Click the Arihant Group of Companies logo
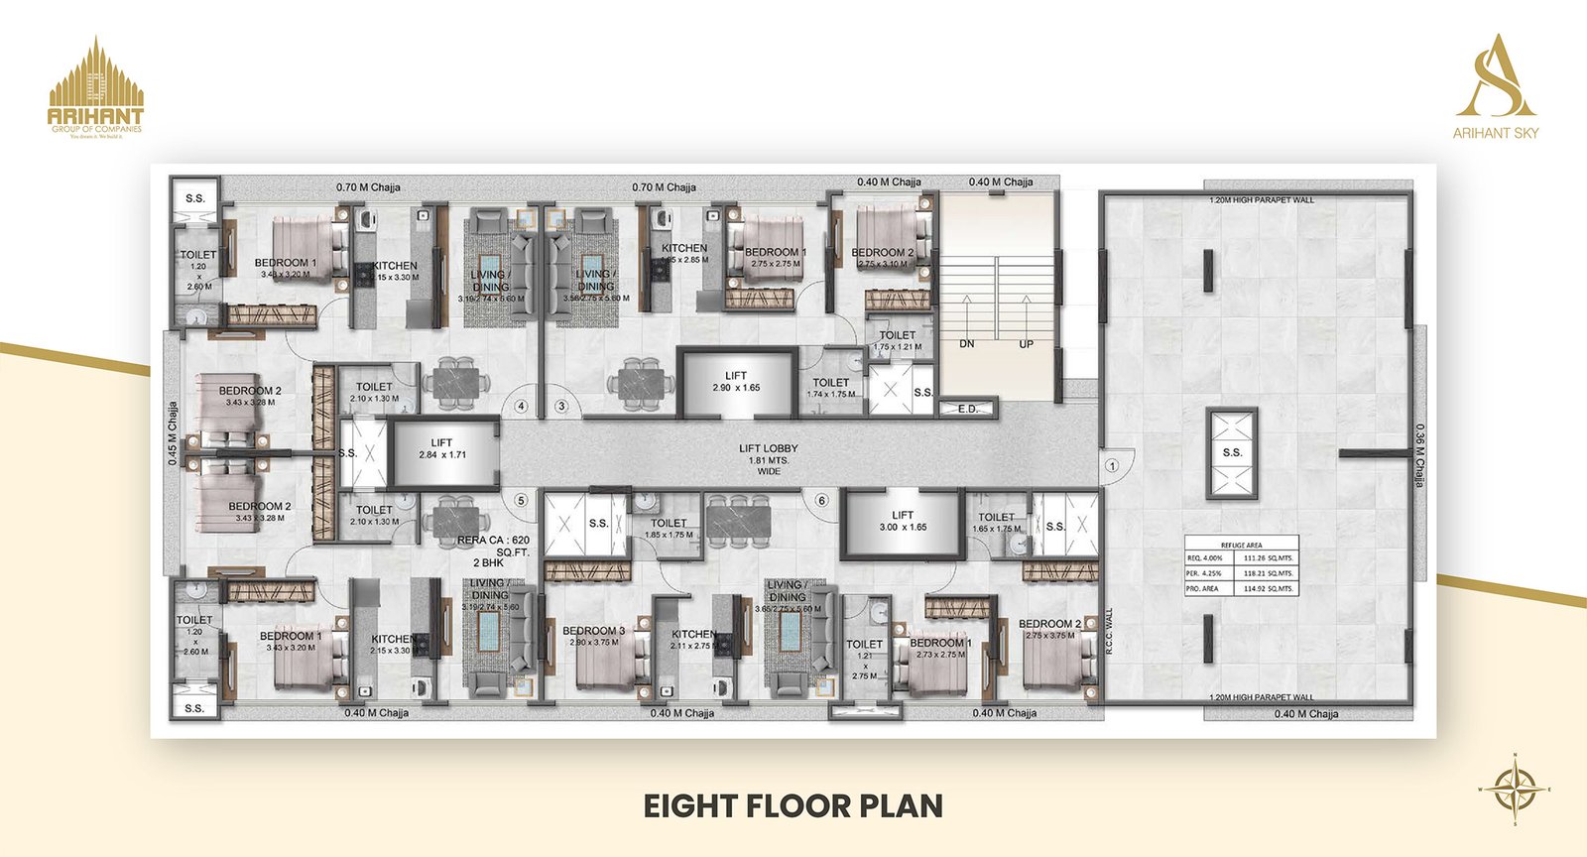(96, 87)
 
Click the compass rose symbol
(1515, 790)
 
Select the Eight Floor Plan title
(793, 804)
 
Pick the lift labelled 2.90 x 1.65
(736, 381)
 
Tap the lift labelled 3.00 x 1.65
(902, 521)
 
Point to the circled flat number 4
(520, 406)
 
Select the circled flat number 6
(821, 501)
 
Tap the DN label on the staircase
(967, 344)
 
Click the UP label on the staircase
(1026, 344)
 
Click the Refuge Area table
(1241, 566)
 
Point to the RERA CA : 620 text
(494, 541)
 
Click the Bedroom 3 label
(593, 631)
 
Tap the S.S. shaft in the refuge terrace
(1232, 452)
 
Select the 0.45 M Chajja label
(173, 433)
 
